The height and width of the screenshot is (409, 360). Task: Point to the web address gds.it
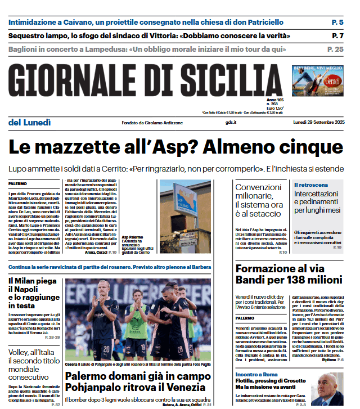pos(231,123)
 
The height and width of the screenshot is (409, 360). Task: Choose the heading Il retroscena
pos(311,185)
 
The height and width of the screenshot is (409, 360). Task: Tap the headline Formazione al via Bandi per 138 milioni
pos(289,274)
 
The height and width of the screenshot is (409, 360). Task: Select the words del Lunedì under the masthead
pos(30,123)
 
